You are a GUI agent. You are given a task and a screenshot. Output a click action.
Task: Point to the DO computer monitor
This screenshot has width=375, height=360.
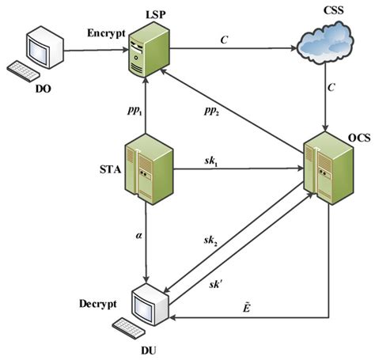coord(42,49)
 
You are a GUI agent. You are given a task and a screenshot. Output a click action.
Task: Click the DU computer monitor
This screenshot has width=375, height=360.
coord(150,302)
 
